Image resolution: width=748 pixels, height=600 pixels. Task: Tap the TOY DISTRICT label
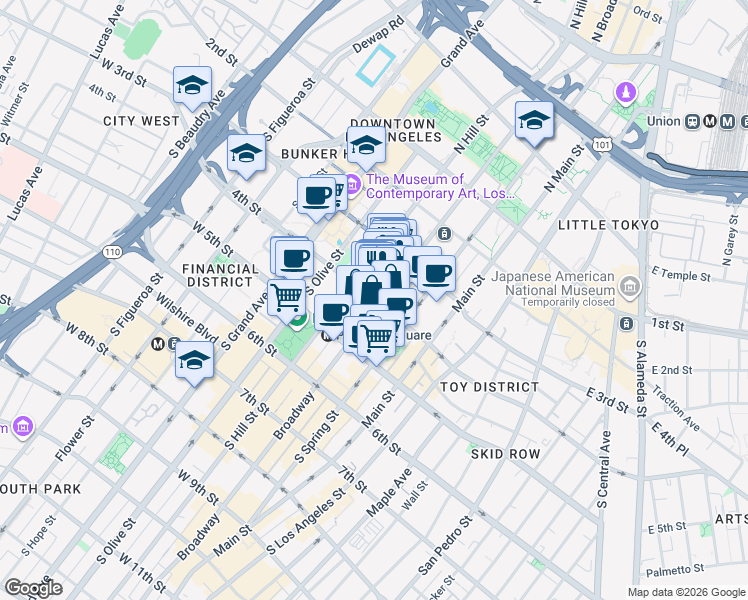point(489,387)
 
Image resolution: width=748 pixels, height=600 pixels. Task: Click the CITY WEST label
point(140,121)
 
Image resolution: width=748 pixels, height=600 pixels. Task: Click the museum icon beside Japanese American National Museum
point(630,289)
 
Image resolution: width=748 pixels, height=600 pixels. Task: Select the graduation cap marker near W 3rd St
point(192,85)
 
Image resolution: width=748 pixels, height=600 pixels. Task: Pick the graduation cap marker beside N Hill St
point(534,121)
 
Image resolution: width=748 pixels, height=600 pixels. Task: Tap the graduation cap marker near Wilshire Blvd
point(194,361)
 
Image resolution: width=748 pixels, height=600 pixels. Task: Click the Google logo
point(33,588)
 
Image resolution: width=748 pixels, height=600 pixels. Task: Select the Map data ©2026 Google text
point(685,592)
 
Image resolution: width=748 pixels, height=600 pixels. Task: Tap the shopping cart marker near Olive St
point(286,296)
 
